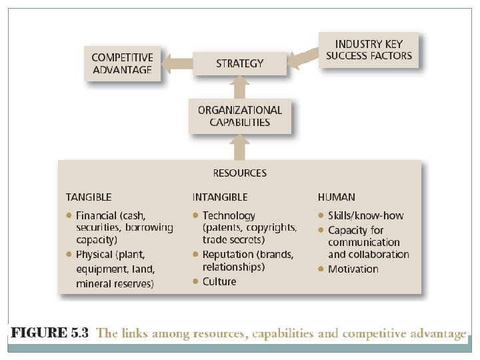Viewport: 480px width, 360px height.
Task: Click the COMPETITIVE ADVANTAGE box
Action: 122,63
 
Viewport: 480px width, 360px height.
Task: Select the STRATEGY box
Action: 240,63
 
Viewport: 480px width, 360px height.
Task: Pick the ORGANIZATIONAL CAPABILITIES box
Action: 240,116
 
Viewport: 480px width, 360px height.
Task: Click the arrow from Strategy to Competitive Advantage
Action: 177,64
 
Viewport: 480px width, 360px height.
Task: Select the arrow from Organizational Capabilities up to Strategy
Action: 240,87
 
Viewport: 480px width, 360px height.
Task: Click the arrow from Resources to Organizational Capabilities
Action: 240,147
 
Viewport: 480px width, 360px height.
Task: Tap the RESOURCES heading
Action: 240,173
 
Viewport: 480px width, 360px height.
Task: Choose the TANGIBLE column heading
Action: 89,197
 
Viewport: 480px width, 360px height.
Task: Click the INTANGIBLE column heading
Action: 220,197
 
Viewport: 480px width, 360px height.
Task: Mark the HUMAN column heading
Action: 336,197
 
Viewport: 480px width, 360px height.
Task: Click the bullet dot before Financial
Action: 69,216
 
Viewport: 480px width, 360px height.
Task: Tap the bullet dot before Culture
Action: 195,281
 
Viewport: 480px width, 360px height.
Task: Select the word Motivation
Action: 353,269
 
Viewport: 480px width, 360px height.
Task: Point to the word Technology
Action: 229,216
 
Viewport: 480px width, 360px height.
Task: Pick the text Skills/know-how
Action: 365,216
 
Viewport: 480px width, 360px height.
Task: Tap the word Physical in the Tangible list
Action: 95,255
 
